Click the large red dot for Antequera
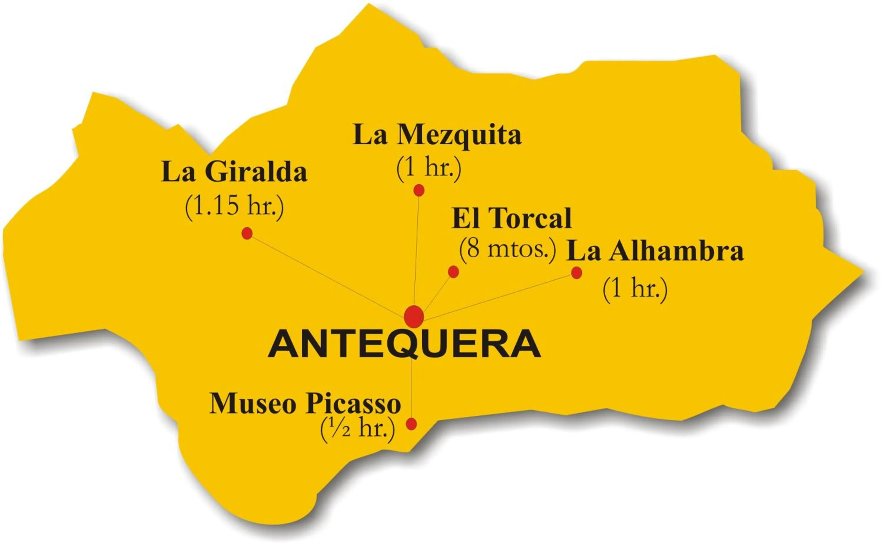click(414, 317)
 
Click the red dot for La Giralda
click(247, 234)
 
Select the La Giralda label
click(234, 173)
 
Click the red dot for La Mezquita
click(419, 190)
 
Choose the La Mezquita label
click(437, 135)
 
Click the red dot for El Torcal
click(453, 272)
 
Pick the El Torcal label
click(512, 218)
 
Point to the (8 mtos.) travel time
click(507, 249)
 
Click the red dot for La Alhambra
click(577, 273)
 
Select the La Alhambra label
click(655, 252)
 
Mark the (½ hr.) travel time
click(357, 429)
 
